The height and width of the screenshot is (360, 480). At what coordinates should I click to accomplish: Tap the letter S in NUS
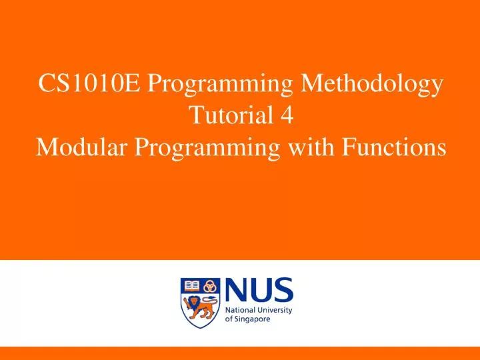pyautogui.click(x=283, y=291)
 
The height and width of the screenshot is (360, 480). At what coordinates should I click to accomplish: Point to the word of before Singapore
pyautogui.click(x=230, y=319)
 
